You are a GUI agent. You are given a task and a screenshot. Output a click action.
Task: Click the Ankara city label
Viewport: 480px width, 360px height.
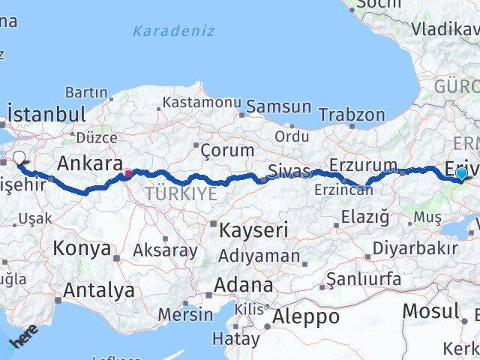(90, 163)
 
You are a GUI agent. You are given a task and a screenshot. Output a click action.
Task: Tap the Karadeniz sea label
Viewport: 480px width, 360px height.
(173, 31)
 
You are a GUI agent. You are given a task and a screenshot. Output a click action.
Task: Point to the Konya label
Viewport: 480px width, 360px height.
(82, 248)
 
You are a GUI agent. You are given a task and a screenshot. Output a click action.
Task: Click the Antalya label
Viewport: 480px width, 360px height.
(99, 289)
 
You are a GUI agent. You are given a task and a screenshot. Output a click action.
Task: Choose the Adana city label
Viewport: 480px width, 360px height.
(244, 285)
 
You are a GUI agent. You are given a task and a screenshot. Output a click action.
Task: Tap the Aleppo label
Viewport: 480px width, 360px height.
(305, 316)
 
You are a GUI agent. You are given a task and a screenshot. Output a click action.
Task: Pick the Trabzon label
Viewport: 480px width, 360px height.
(352, 115)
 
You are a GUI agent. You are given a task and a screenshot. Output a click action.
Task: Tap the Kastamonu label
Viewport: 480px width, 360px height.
(202, 102)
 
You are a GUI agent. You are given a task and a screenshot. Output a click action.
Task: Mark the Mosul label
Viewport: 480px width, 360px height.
(430, 310)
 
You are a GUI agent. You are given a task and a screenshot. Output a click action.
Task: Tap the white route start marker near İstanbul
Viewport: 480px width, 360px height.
(19, 157)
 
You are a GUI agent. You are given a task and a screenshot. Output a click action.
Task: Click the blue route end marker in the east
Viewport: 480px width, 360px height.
(461, 173)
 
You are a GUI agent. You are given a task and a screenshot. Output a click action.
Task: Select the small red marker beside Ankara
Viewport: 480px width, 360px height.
(128, 173)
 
